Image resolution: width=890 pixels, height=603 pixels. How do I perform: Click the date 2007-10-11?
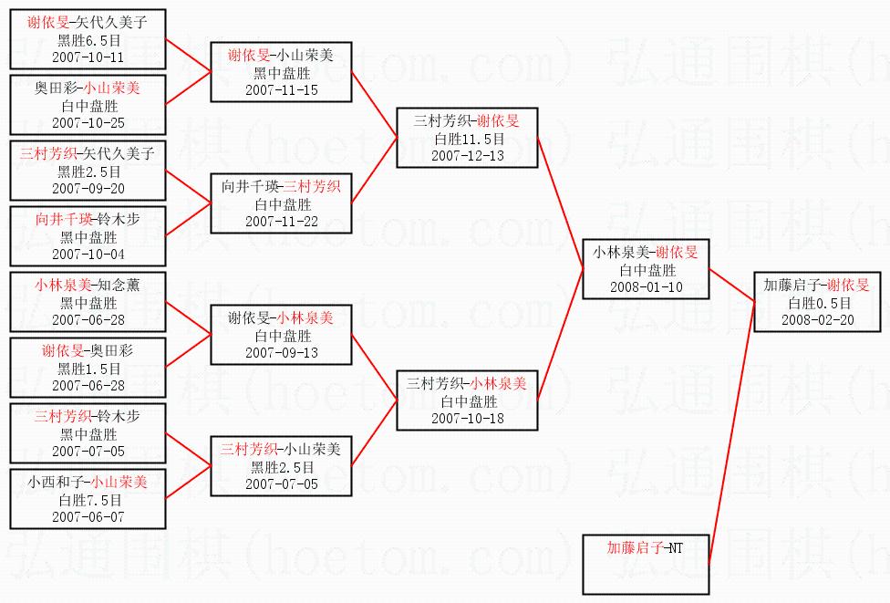[88, 57]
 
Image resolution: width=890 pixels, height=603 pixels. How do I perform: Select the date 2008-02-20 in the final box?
[817, 319]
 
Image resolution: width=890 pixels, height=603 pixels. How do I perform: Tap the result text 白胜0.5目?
[817, 303]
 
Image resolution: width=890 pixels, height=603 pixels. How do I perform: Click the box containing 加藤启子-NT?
[646, 565]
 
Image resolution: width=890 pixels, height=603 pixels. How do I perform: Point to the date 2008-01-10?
[646, 286]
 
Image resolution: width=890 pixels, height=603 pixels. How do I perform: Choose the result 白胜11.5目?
[468, 139]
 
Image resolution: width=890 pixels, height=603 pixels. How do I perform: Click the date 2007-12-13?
[468, 155]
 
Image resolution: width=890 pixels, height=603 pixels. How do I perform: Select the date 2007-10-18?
[468, 418]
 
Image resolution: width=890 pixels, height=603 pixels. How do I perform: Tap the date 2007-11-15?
[281, 89]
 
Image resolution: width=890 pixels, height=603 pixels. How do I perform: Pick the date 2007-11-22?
[281, 221]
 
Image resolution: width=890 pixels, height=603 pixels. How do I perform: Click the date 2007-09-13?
[281, 352]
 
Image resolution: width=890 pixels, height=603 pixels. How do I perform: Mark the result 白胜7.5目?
[88, 500]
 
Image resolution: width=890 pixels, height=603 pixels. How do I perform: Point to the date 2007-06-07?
[88, 516]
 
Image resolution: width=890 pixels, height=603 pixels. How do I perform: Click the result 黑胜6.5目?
[88, 40]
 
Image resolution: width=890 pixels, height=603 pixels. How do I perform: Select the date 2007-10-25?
[88, 122]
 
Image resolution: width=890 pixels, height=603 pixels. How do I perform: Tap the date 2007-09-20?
[88, 188]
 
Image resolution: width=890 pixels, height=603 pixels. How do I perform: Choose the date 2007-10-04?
[88, 254]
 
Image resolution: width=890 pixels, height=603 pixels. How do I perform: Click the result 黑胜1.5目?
[88, 369]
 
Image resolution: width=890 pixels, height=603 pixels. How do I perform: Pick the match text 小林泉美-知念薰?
[88, 285]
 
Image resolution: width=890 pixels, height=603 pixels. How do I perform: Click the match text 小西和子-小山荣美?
[88, 483]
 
